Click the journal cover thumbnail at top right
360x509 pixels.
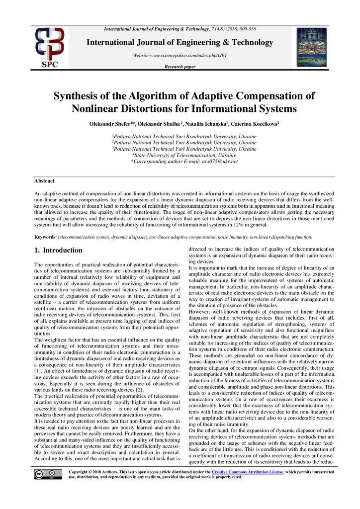[311, 47]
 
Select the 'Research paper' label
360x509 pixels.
[180, 67]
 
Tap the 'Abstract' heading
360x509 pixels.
[44, 181]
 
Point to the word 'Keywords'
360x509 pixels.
[45, 237]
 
